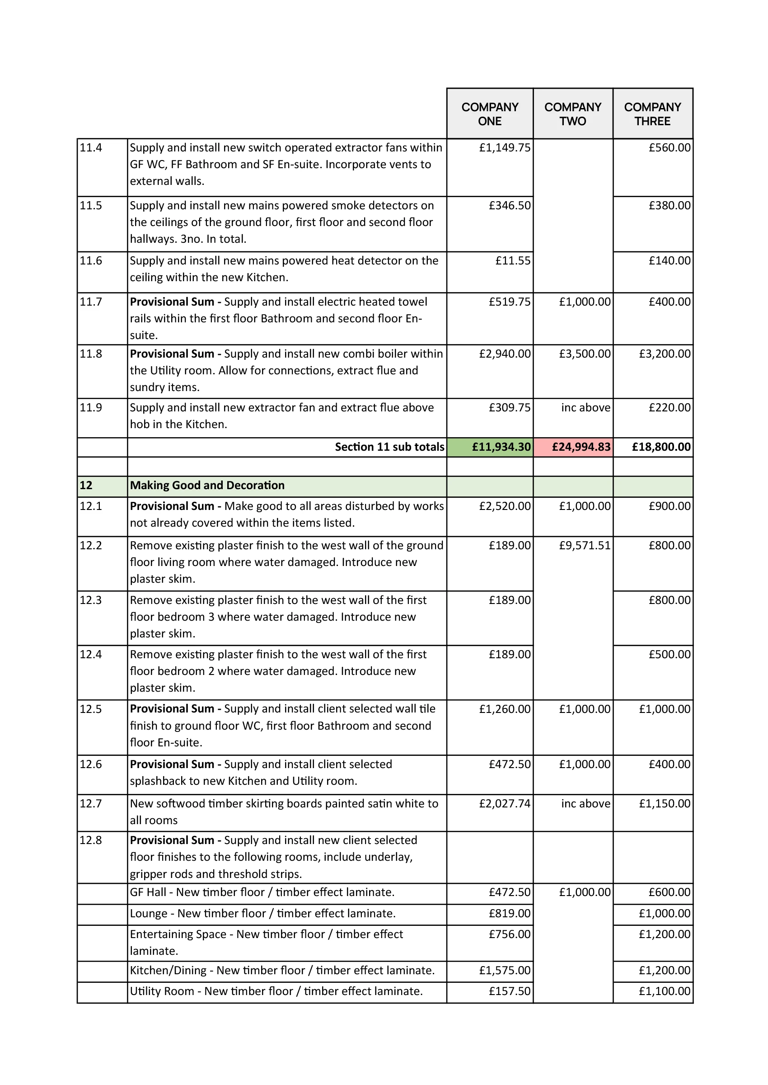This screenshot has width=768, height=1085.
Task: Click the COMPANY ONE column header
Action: [x=489, y=114]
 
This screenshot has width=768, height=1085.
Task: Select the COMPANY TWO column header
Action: [x=572, y=114]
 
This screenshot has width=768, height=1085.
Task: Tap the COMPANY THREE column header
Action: [x=652, y=114]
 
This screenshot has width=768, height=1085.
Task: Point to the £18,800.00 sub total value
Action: [x=660, y=447]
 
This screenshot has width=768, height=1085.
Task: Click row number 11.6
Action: [x=91, y=261]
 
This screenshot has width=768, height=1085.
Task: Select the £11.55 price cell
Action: [x=513, y=261]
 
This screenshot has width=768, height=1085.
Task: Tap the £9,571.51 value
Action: [x=585, y=546]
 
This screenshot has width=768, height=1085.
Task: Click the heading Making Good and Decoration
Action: [x=207, y=486]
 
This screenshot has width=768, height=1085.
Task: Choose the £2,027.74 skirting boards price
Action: [x=505, y=803]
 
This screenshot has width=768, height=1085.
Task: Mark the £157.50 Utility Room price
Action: [x=509, y=991]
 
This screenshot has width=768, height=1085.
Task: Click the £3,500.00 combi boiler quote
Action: [x=585, y=354]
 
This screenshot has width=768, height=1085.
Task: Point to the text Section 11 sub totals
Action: [x=389, y=447]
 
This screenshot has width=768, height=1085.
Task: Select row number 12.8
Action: [x=91, y=840]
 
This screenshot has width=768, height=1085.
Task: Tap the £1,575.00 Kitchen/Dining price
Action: [x=505, y=970]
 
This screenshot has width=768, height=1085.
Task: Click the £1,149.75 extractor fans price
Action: [x=505, y=148]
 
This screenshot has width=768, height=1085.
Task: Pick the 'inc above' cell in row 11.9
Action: [x=585, y=408]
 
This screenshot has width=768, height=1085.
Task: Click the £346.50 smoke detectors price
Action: [x=509, y=205]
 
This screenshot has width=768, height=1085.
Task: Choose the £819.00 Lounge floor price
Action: [x=509, y=913]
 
